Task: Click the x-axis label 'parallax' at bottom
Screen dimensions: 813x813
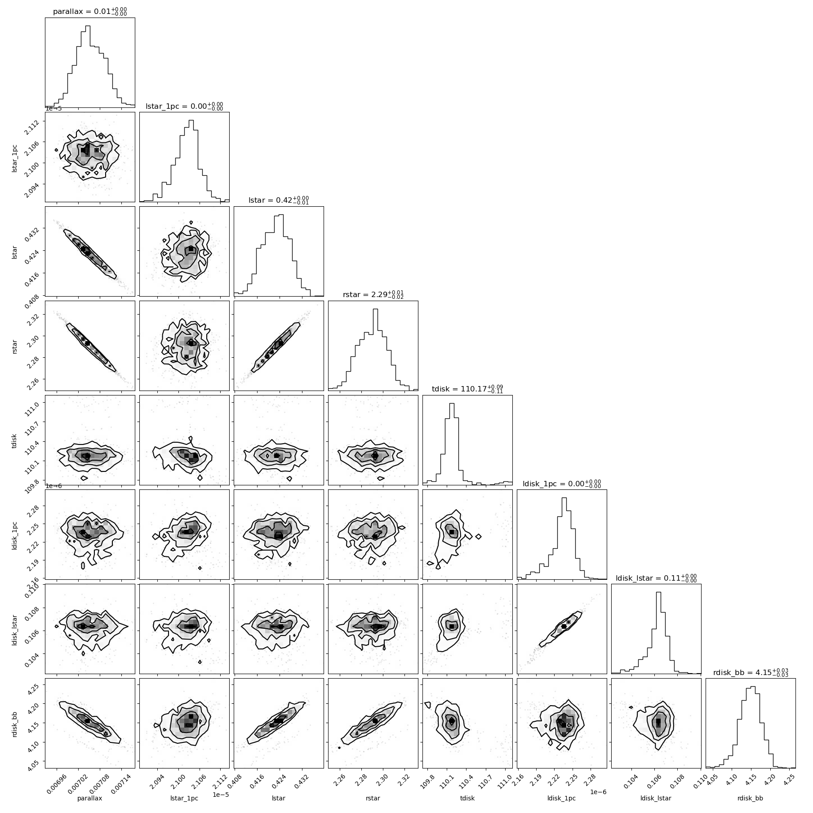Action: pyautogui.click(x=90, y=798)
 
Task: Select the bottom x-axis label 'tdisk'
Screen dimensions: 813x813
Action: pyautogui.click(x=467, y=798)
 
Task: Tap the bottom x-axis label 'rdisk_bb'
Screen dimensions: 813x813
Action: pyautogui.click(x=751, y=798)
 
